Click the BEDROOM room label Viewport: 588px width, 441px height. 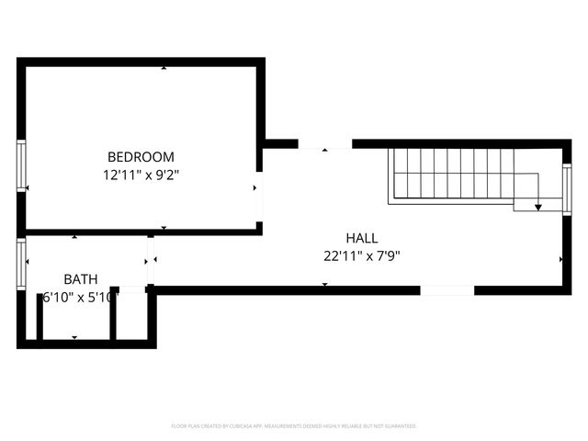tap(141, 157)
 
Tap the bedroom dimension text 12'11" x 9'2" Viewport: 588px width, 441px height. tap(141, 174)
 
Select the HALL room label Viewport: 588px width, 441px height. tap(361, 237)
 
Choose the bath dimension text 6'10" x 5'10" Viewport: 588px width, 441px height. tap(80, 297)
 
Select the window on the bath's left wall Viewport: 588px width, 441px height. tap(21, 266)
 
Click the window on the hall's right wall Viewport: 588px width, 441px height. tap(567, 188)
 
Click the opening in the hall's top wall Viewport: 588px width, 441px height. tap(324, 144)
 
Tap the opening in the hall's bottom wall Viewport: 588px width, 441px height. tap(447, 290)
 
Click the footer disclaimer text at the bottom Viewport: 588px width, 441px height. tap(294, 426)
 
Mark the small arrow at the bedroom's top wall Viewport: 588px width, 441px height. tap(164, 67)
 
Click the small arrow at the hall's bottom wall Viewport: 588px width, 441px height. tap(324, 285)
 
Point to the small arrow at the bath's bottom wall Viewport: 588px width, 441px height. tap(74, 338)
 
